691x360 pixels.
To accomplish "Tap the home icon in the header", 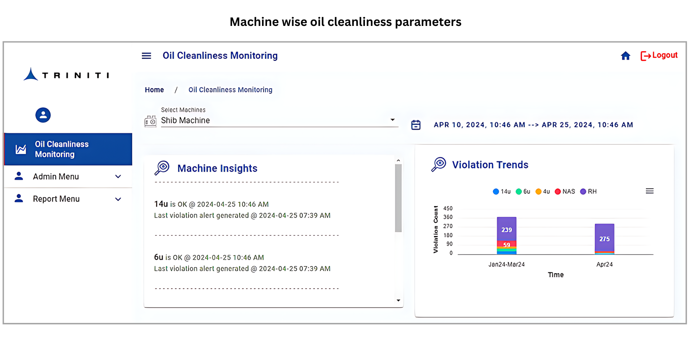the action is (625, 56).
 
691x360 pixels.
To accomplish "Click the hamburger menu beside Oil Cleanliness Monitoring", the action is (146, 56).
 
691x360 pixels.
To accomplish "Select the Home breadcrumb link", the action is (154, 90).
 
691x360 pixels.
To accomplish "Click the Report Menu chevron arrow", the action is (118, 199).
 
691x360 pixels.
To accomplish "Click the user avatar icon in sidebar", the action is (43, 115).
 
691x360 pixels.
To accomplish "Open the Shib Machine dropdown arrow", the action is (393, 120).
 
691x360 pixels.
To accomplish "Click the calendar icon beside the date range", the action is (416, 125).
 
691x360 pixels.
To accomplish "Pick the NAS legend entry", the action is (565, 192).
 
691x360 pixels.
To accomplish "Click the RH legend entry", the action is (588, 192).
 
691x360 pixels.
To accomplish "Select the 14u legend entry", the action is (502, 192).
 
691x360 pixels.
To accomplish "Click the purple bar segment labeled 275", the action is (605, 238).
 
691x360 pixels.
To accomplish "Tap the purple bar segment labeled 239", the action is (507, 229).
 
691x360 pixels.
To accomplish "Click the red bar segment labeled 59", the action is (507, 244).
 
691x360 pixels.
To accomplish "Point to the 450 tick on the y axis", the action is (448, 208).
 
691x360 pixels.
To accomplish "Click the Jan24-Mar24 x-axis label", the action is (506, 265).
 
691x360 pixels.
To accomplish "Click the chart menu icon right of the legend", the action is (650, 191).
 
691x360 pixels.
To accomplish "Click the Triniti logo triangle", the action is (31, 74).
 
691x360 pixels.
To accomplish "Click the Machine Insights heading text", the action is (217, 168).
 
